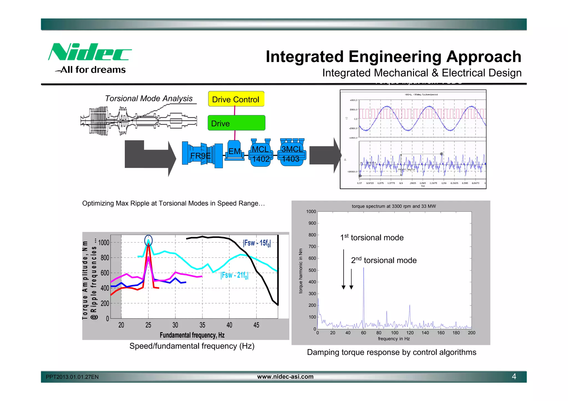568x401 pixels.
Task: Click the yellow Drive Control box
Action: tap(236, 99)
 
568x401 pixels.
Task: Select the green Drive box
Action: tap(236, 123)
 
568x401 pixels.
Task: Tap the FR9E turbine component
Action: tap(202, 155)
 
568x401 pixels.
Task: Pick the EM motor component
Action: tap(234, 151)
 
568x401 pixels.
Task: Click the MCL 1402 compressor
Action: tap(261, 154)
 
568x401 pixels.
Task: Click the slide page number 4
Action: tap(514, 377)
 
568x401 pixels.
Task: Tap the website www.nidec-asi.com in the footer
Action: tap(285, 377)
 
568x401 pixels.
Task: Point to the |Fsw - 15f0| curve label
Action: tap(257, 243)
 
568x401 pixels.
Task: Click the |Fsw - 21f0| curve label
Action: tap(234, 275)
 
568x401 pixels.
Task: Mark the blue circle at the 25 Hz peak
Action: tap(148, 240)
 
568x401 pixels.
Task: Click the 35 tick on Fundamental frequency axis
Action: tap(202, 325)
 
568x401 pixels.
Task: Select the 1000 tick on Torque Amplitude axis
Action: tap(104, 243)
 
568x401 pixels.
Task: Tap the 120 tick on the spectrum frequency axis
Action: tap(410, 333)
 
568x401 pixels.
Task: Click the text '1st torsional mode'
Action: tap(372, 237)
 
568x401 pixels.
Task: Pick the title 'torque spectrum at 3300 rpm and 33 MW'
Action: tap(394, 206)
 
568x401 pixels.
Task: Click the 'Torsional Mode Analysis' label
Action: tap(149, 98)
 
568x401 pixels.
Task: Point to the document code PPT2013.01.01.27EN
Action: tap(72, 377)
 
